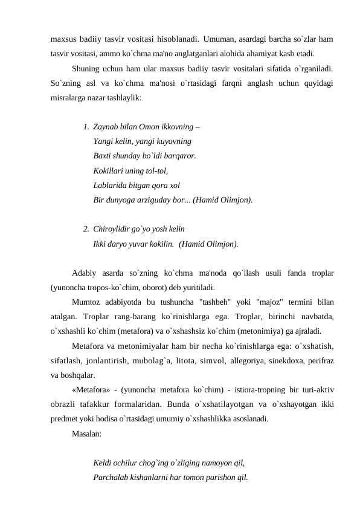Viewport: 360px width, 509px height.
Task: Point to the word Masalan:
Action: coord(86,433)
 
